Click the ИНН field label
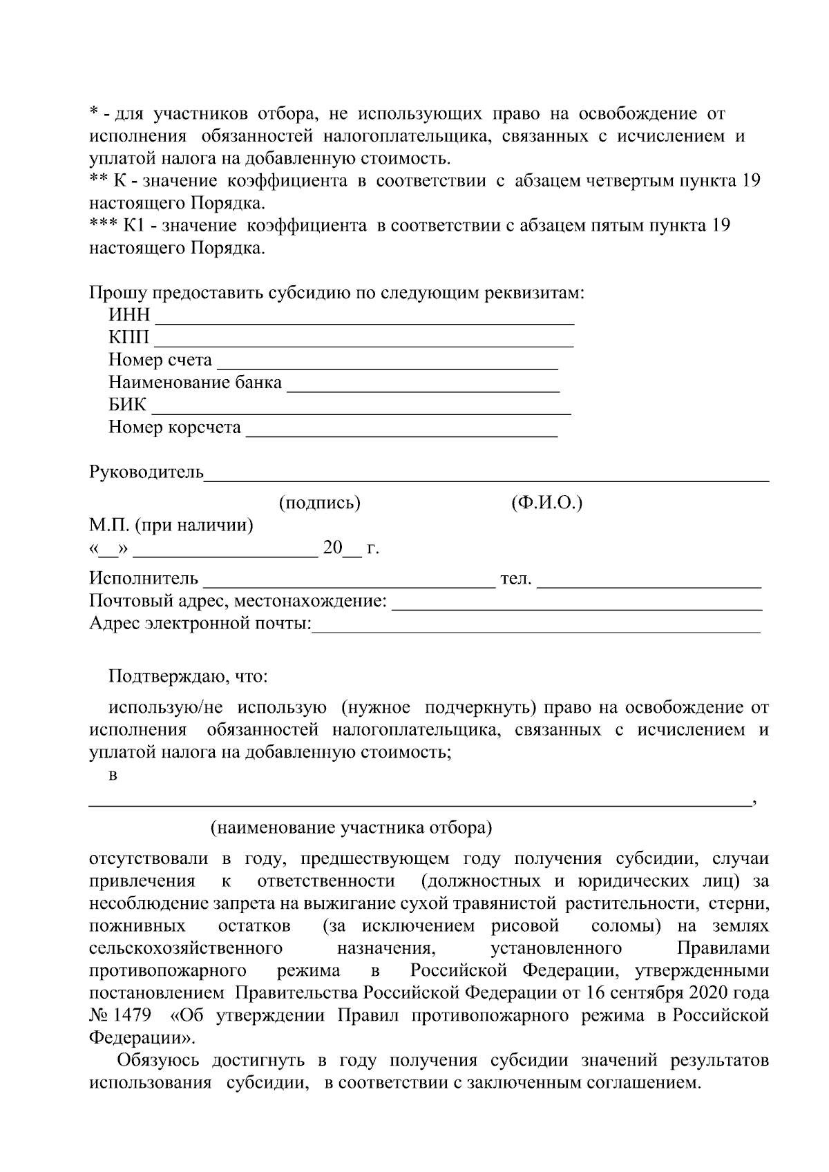coord(129,315)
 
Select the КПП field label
coord(128,338)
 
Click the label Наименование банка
coord(195,383)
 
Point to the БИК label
coord(127,405)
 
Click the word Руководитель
coord(146,472)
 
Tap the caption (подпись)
coord(319,503)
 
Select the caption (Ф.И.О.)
coord(546,503)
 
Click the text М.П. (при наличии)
coord(171,526)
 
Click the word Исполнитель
coord(144,579)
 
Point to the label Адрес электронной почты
coord(200,624)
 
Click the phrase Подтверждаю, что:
coord(188,676)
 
